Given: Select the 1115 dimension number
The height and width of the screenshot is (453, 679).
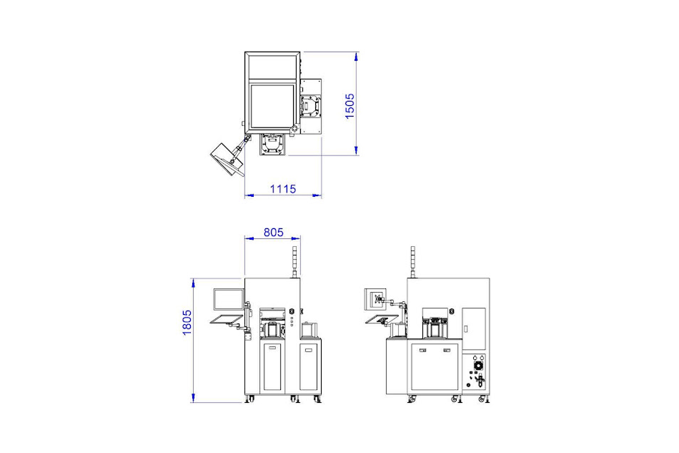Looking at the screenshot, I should point(282,189).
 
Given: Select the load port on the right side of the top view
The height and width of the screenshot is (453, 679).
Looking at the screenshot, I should point(312,108).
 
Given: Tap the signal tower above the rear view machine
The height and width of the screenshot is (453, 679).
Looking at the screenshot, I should point(411,262).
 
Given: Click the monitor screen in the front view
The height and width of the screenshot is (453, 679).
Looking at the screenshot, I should point(228,299).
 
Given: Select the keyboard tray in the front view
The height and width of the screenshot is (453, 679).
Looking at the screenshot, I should point(227,320).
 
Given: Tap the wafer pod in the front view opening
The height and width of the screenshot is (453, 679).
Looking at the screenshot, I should point(272,330).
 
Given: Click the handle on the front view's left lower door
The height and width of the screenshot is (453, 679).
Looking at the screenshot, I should point(272,346).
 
